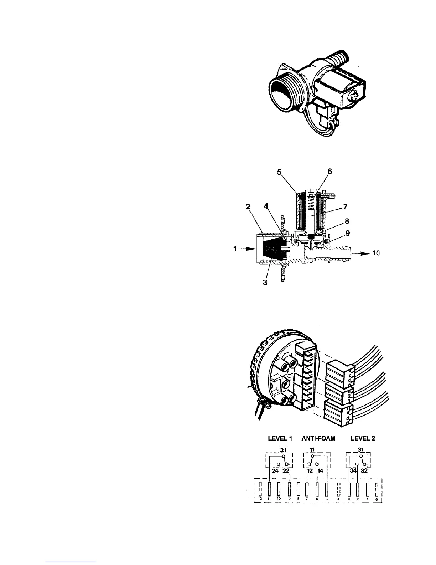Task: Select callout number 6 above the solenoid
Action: [329, 172]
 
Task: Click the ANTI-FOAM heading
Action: [318, 438]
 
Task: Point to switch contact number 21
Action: [283, 450]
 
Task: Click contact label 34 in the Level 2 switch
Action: [353, 470]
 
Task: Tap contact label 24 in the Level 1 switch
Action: [275, 470]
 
